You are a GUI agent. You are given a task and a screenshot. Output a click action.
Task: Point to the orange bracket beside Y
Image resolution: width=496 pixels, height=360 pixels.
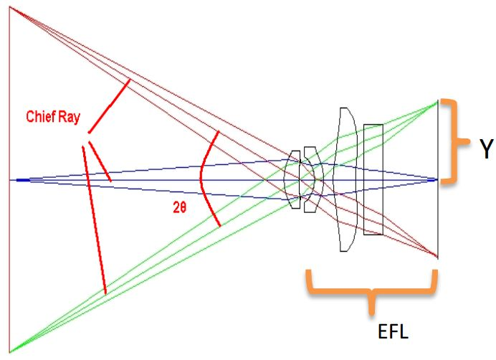point(450,141)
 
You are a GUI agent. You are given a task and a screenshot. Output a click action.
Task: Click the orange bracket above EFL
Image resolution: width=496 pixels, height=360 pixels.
point(371,290)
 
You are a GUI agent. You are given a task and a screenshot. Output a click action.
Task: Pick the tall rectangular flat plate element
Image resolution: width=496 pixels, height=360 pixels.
point(373,179)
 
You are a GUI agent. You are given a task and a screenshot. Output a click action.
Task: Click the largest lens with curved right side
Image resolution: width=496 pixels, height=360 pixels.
point(345,179)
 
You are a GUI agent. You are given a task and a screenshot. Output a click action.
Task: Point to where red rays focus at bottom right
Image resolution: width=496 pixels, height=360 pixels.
point(437,256)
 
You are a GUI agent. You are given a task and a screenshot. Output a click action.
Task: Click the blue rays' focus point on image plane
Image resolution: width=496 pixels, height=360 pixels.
point(437,179)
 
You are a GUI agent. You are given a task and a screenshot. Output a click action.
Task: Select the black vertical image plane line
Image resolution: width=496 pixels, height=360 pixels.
point(438,215)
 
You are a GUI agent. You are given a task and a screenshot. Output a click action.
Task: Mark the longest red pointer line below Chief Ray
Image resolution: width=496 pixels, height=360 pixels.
point(95,219)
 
